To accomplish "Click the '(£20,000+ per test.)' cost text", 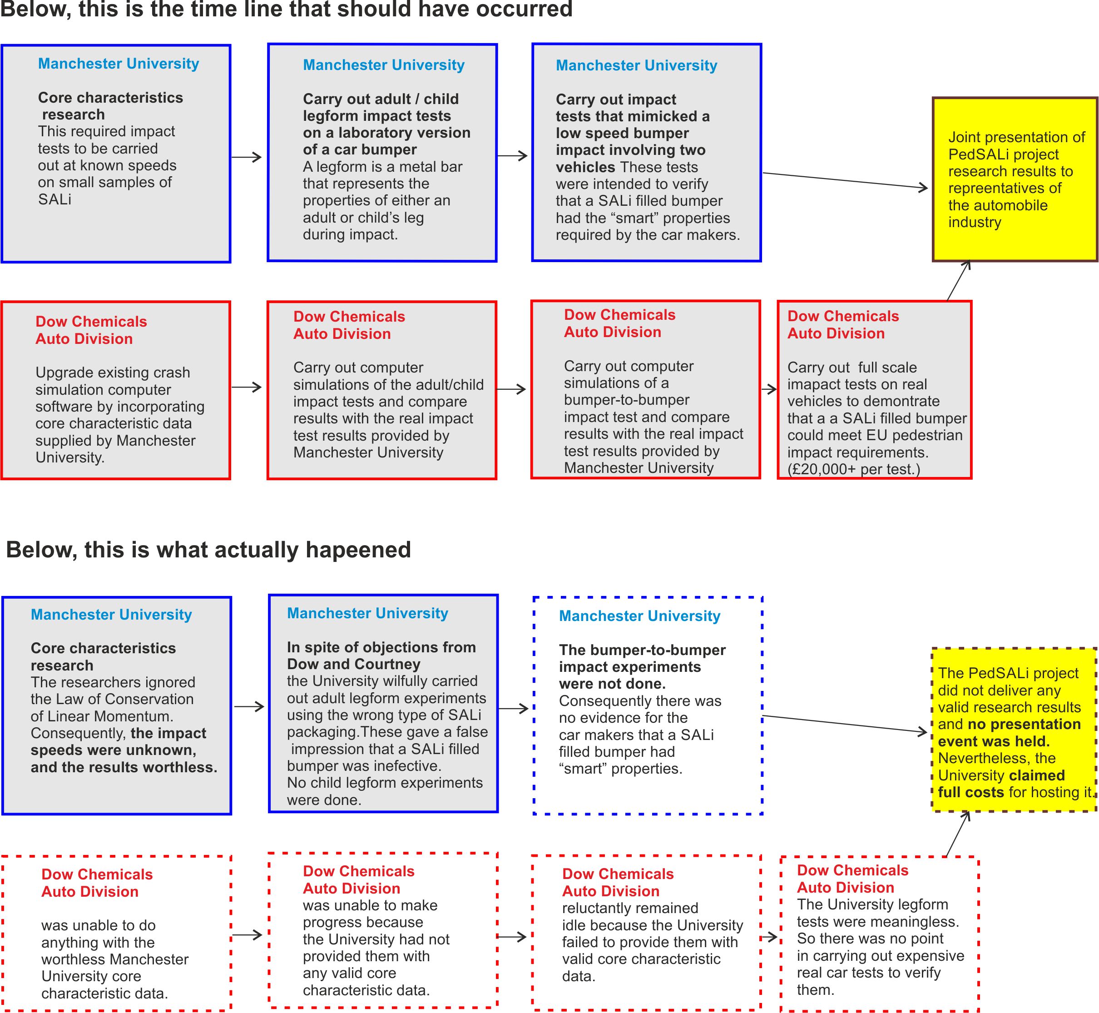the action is (x=853, y=469).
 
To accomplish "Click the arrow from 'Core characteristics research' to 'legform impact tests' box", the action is (x=247, y=157).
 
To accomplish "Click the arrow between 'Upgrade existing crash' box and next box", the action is (x=247, y=387).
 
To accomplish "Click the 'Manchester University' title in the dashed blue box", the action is (x=640, y=616).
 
